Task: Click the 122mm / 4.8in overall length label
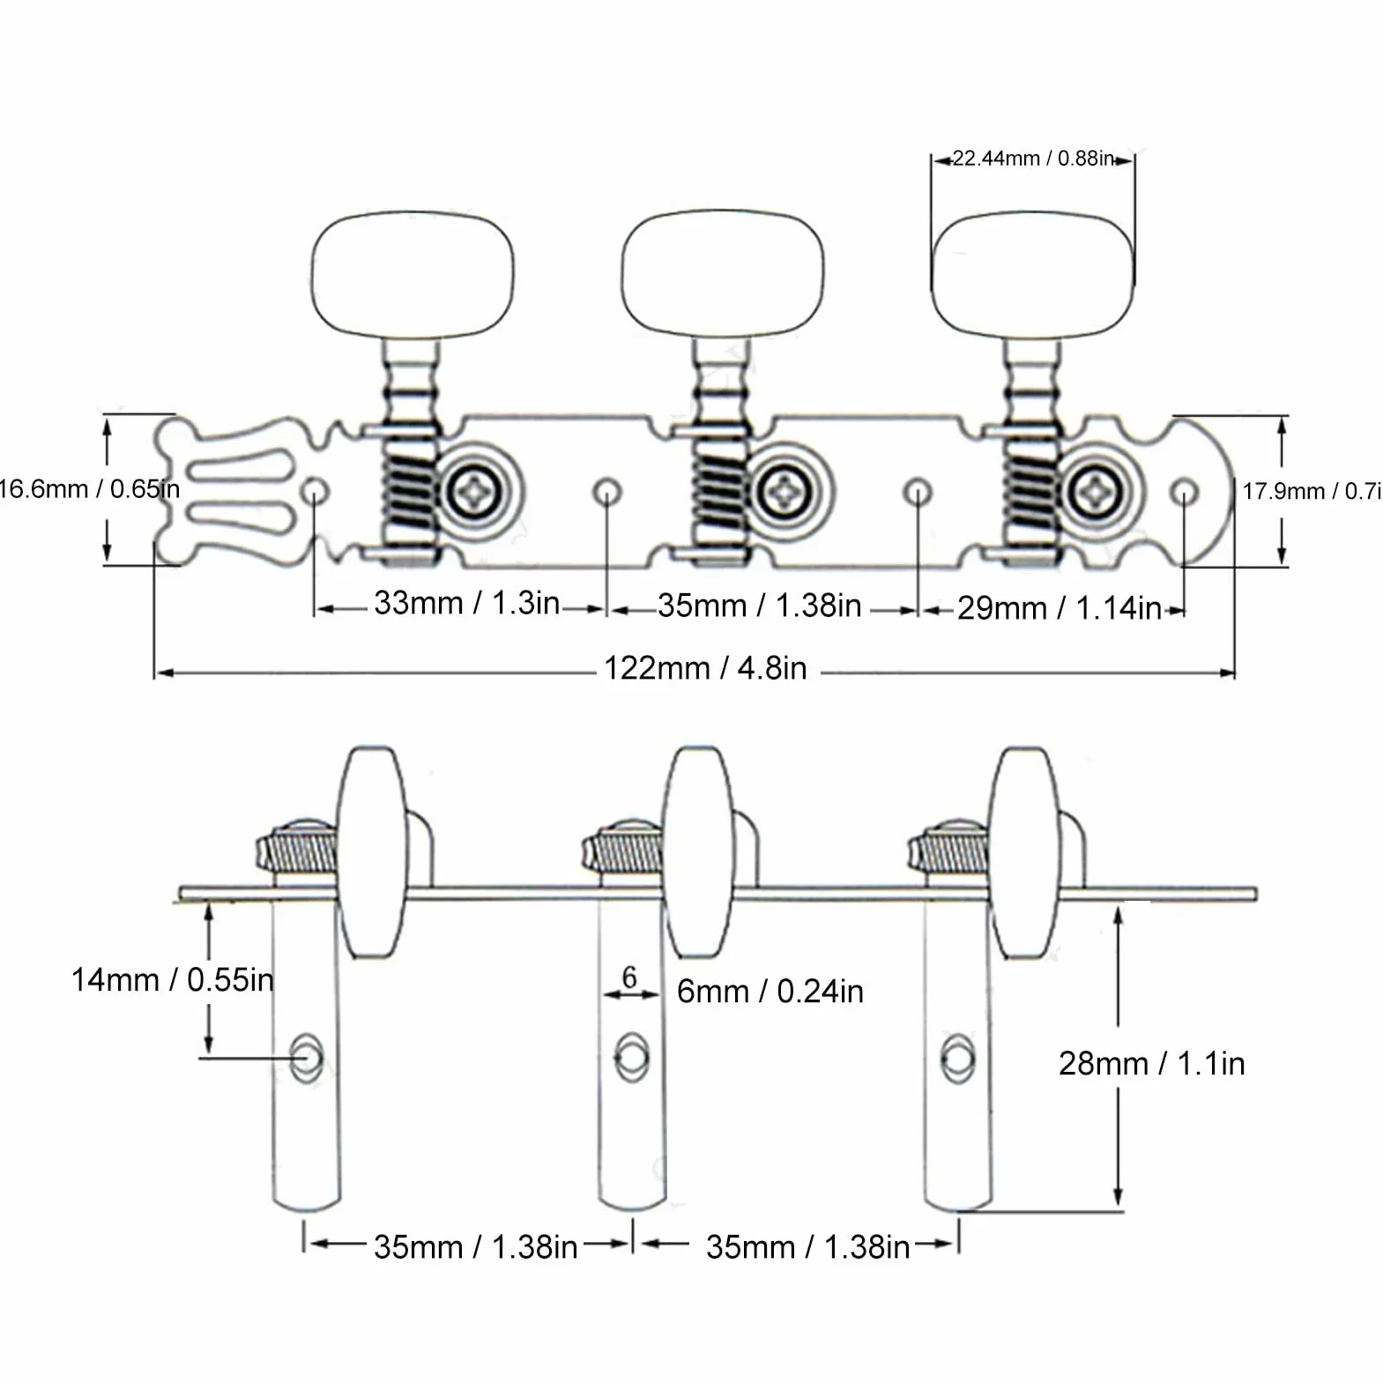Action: [x=705, y=668]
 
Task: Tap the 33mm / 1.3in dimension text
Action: [x=466, y=603]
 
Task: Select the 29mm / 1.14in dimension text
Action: [x=1059, y=608]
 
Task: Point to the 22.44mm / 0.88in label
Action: [x=1033, y=159]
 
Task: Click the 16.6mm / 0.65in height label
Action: [x=88, y=489]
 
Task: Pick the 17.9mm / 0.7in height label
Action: [x=1312, y=491]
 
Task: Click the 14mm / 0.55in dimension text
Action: [x=172, y=980]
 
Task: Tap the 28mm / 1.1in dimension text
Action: [x=1151, y=1064]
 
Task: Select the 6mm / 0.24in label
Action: [x=770, y=992]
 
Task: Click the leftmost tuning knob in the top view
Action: [x=413, y=274]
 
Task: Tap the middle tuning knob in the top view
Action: [x=722, y=274]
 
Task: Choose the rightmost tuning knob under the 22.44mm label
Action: [x=1033, y=274]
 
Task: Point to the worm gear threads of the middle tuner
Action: [x=722, y=490]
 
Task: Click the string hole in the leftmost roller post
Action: [x=306, y=1058]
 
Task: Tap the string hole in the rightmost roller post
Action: [x=958, y=1058]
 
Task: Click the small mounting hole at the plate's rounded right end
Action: [x=1186, y=492]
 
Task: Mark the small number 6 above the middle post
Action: [x=629, y=977]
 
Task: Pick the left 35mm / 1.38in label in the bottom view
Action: [x=475, y=1247]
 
